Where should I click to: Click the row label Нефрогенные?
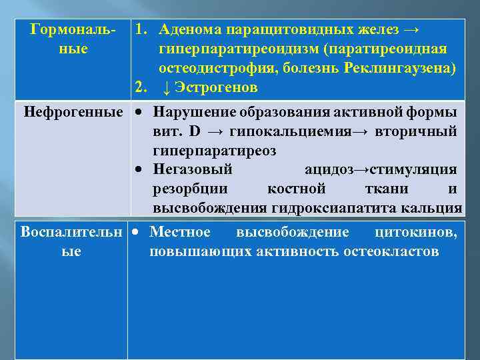73,111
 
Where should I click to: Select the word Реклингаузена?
400,69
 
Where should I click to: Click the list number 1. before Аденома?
141,30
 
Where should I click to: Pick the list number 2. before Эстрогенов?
141,88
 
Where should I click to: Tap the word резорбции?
190,189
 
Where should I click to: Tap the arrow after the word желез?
412,30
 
